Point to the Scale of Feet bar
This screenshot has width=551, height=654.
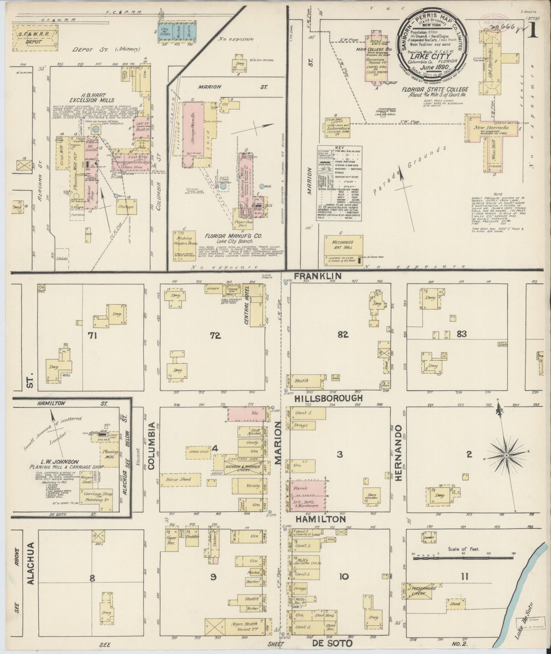pyautogui.click(x=464, y=558)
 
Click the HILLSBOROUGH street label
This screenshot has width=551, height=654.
pyautogui.click(x=328, y=398)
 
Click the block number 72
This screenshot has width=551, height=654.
pyautogui.click(x=215, y=335)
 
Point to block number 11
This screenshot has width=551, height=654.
pyautogui.click(x=464, y=577)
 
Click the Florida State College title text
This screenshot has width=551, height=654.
pyautogui.click(x=433, y=89)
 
